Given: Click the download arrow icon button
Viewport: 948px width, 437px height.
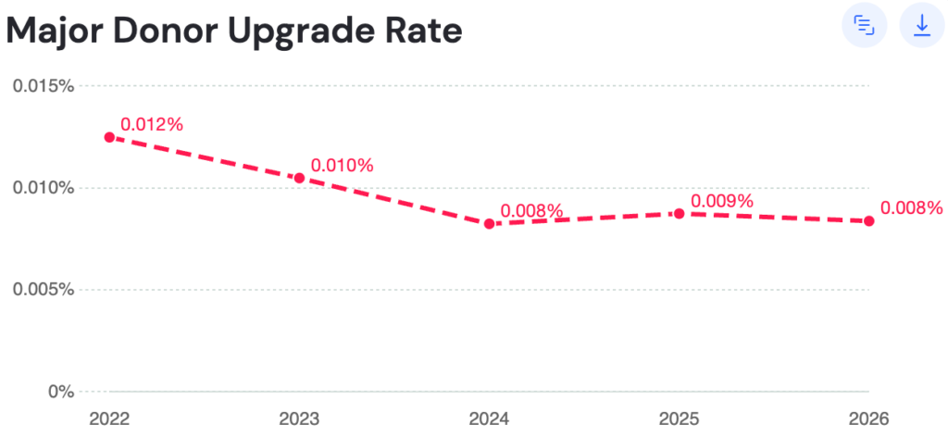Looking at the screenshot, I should click(921, 25).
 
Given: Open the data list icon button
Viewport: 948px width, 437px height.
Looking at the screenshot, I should click(864, 25).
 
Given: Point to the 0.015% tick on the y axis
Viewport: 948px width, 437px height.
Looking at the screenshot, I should click(43, 86).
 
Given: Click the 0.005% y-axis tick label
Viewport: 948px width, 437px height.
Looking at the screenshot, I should click(43, 290).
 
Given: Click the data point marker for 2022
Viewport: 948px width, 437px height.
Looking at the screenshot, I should click(109, 137).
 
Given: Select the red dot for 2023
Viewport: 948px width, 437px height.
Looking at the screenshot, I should click(299, 178).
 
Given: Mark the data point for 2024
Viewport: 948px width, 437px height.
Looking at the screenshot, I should click(489, 224).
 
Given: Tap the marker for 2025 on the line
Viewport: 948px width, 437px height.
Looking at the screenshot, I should click(679, 213).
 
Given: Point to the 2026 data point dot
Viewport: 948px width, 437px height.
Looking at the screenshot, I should click(868, 221).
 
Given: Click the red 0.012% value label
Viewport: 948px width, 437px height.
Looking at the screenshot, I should click(152, 125).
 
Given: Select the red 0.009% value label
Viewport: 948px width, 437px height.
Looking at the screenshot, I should click(722, 201).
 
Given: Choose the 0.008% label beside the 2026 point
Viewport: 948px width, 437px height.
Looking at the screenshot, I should click(911, 208).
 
